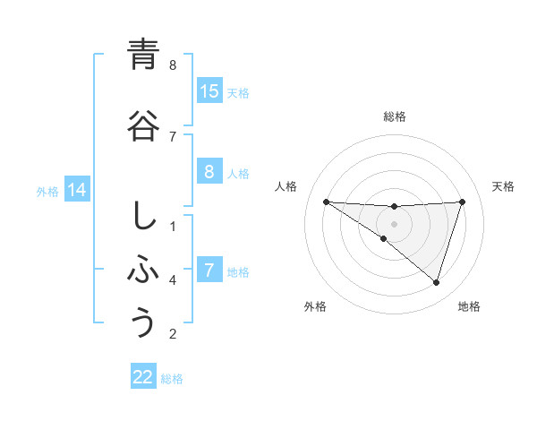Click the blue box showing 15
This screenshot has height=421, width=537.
[x=209, y=91]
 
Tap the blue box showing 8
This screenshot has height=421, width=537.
[x=209, y=172]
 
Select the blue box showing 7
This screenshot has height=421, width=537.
[x=209, y=271]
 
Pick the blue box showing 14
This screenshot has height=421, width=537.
[x=77, y=190]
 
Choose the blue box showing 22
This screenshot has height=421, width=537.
[x=143, y=377]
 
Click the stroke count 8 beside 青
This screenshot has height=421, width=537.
[x=173, y=65]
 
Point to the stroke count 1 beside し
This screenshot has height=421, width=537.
[x=173, y=226]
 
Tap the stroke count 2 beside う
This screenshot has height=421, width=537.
[x=173, y=335]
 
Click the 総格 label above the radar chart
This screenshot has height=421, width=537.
[x=394, y=116]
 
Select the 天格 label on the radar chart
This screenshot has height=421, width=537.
[x=503, y=186]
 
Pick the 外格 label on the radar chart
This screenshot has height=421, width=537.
[x=314, y=306]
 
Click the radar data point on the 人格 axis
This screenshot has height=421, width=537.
[x=326, y=202]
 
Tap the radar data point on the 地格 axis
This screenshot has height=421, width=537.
[x=436, y=282]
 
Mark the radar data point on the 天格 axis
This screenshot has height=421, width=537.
[x=462, y=202]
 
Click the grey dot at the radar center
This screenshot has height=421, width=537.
[x=394, y=223]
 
